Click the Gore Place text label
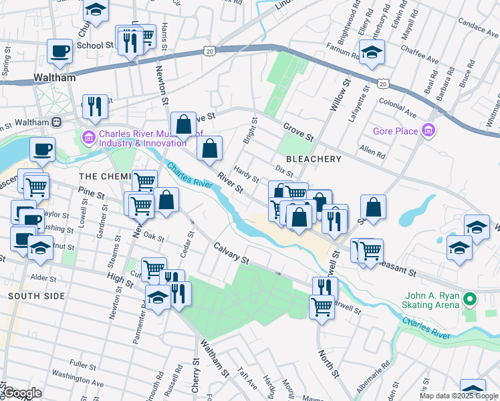pyautogui.click(x=395, y=132)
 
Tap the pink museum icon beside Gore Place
pyautogui.click(x=428, y=131)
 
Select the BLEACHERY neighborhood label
pyautogui.click(x=314, y=159)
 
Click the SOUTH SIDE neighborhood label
pyautogui.click(x=36, y=295)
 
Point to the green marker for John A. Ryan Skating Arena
pyautogui.click(x=470, y=300)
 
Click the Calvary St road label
pyautogui.click(x=231, y=252)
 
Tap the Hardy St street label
pyautogui.click(x=246, y=176)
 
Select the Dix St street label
pyautogui.click(x=285, y=171)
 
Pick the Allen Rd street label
pyautogui.click(x=372, y=154)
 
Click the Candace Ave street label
pyautogui.click(x=476, y=29)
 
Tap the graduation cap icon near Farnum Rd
pyautogui.click(x=372, y=50)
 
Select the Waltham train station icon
pyautogui.click(x=57, y=122)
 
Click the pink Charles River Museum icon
pyautogui.click(x=88, y=137)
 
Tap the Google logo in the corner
pyautogui.click(x=23, y=393)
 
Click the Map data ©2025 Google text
pyautogui.click(x=458, y=396)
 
